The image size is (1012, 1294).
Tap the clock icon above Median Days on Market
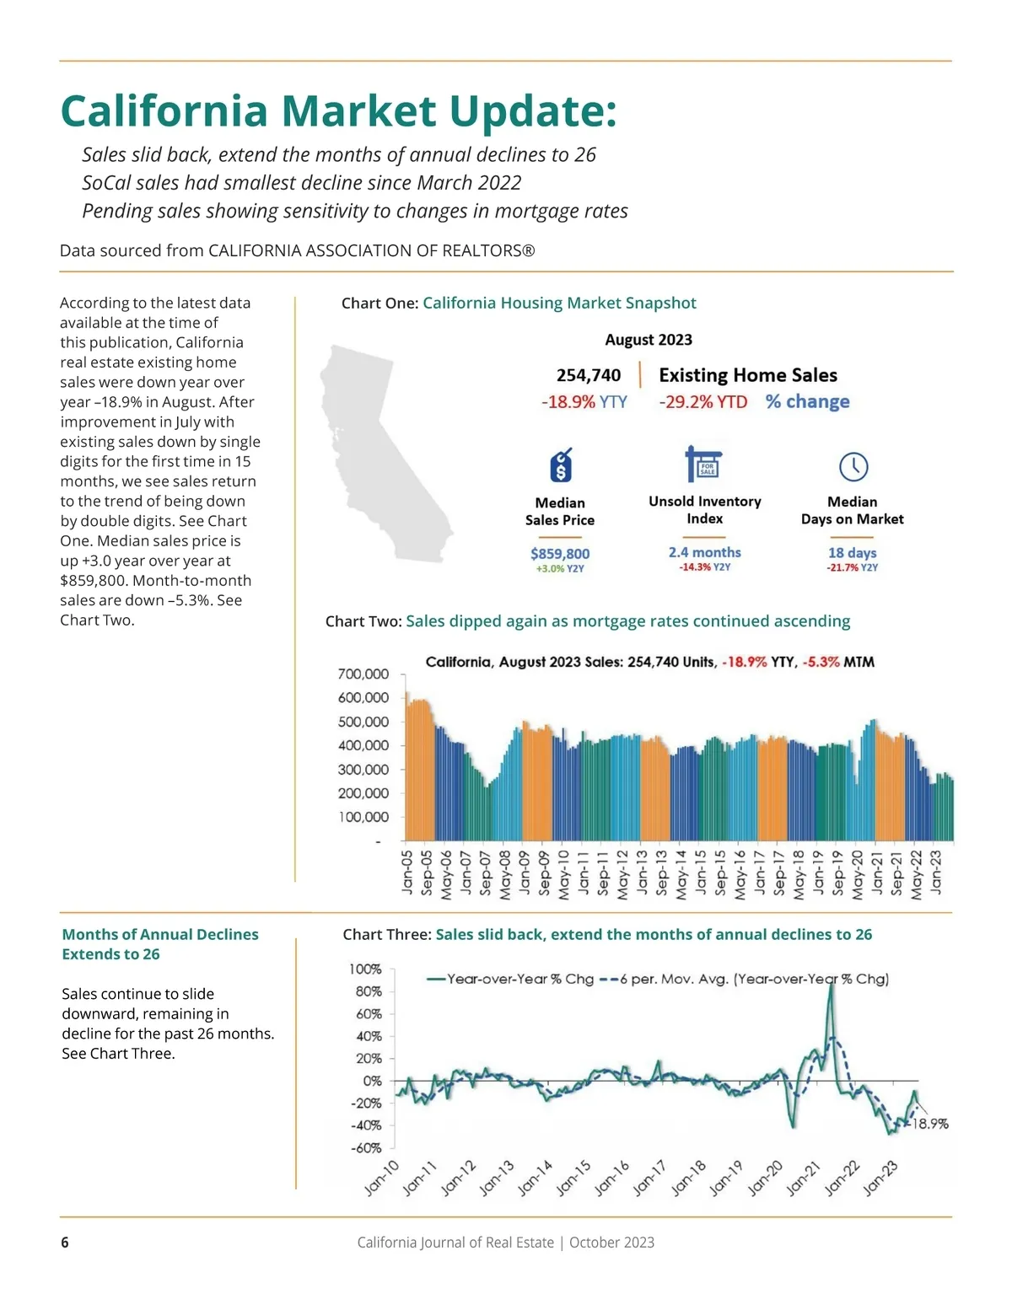(853, 466)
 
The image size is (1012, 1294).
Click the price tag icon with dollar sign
(561, 465)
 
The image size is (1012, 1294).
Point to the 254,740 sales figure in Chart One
(589, 375)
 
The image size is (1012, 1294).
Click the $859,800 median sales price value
(560, 553)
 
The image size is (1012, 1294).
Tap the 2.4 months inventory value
(704, 552)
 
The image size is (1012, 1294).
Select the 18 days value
(852, 552)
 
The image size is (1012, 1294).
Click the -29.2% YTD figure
(703, 402)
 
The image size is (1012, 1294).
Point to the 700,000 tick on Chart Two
(363, 674)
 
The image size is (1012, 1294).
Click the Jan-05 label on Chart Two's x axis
(407, 872)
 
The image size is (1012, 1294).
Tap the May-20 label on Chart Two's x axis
(858, 874)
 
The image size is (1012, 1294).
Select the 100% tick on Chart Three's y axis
(365, 969)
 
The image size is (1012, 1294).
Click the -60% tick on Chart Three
(366, 1148)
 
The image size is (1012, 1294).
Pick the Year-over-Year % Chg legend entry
(511, 980)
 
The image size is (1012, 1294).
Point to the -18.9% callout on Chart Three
(929, 1124)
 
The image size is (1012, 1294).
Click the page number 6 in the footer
(65, 1243)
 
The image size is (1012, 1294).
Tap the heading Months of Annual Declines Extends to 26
(160, 944)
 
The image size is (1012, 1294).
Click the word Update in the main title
(533, 111)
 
